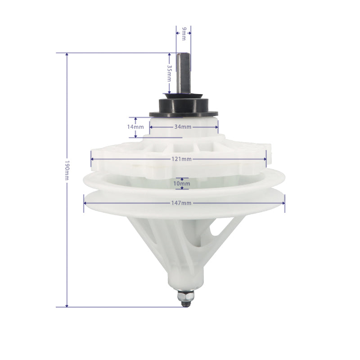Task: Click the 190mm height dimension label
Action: [x=67, y=170]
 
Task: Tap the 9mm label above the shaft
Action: [x=184, y=33]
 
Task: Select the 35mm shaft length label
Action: [x=169, y=73]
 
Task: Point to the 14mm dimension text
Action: [x=135, y=127]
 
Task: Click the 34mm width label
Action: [x=183, y=127]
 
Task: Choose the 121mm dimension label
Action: [x=181, y=159]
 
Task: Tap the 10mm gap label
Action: [x=182, y=184]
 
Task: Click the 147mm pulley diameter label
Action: [x=181, y=203]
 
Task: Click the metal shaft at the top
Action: [x=183, y=73]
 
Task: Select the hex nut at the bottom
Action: [x=186, y=296]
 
